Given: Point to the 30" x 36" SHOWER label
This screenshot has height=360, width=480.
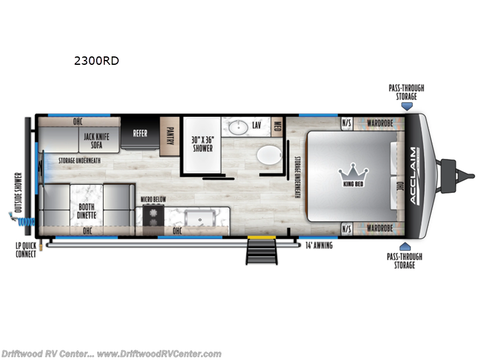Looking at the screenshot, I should [202, 144].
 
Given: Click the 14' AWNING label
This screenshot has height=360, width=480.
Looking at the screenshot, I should [319, 245].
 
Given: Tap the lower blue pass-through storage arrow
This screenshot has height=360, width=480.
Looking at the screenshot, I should [406, 246].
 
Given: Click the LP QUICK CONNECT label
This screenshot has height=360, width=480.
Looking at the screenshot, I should [26, 250].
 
